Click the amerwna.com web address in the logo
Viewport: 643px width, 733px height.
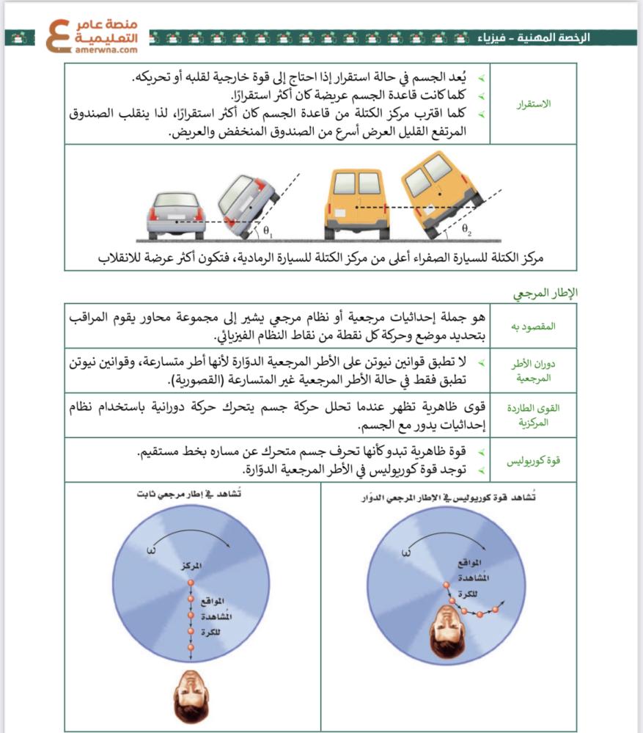pos(106,51)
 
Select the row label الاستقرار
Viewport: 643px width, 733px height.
pos(534,103)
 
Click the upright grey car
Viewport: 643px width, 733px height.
pos(176,214)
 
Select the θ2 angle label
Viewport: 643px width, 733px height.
pos(466,230)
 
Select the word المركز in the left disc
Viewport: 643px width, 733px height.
pos(190,566)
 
